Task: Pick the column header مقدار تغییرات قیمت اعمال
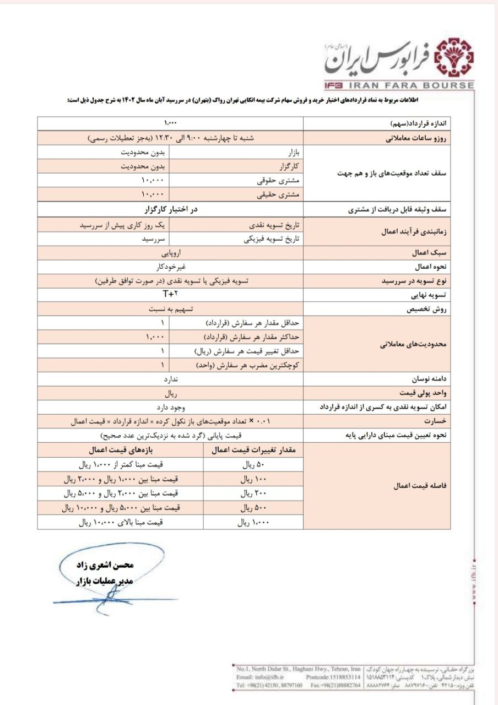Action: pyautogui.click(x=254, y=451)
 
